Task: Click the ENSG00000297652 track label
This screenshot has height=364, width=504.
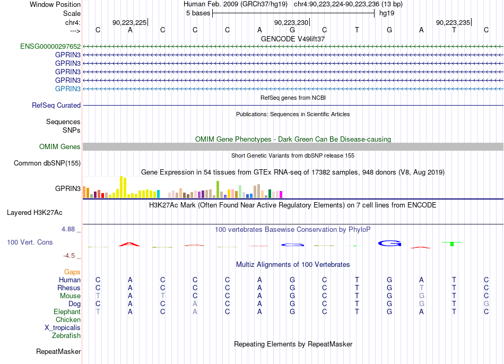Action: (50, 46)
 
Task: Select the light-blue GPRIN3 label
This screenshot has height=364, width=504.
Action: (68, 89)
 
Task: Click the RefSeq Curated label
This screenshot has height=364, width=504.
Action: (56, 105)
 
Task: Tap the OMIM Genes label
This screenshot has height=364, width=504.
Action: (60, 146)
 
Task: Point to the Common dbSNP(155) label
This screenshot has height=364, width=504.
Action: (47, 163)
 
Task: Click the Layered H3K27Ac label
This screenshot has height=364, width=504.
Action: (34, 213)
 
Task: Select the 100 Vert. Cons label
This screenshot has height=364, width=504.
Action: (30, 242)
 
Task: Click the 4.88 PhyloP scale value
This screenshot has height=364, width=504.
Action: (68, 229)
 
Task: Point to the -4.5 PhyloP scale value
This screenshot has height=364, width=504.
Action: (69, 256)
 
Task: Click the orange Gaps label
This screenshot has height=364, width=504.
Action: (72, 272)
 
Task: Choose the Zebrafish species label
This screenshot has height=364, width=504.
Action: (66, 335)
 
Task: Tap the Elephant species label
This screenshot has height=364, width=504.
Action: (67, 311)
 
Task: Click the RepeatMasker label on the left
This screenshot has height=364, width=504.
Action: (58, 351)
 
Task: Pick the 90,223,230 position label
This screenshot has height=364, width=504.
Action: (291, 22)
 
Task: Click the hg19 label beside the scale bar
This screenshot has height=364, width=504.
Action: (387, 13)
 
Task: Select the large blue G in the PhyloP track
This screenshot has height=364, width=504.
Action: (389, 244)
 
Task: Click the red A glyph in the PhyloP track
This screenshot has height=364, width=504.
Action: (129, 244)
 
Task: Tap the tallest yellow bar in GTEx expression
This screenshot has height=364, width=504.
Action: (121, 187)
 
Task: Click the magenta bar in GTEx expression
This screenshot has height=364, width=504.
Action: (281, 195)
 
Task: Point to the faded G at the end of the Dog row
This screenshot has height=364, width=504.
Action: (486, 304)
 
